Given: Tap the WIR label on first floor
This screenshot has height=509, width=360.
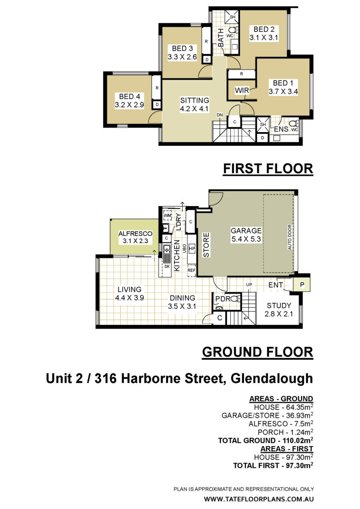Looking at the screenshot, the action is tap(242, 90).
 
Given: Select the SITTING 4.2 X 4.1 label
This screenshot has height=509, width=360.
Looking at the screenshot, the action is tap(195, 105).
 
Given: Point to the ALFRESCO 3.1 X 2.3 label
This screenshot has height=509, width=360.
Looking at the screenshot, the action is tap(135, 237).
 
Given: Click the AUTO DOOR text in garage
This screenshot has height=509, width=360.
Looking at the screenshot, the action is tap(290, 237).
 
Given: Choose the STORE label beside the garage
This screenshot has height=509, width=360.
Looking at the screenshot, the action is tap(206, 245).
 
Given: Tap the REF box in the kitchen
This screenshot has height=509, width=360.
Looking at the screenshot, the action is tap(192, 270).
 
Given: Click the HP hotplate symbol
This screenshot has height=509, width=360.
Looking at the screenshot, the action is tap(192, 249).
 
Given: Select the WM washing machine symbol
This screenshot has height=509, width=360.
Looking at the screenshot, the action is tap(167, 215).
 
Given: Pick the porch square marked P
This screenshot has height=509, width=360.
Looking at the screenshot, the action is tap(302, 284).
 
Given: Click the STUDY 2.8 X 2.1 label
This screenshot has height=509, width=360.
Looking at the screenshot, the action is tap(279, 310).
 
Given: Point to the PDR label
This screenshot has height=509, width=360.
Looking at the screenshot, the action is tap(223, 299).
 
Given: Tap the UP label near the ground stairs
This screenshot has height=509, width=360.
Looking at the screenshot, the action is tap(249, 284).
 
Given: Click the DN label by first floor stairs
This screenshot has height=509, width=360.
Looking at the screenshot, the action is tap(220, 115).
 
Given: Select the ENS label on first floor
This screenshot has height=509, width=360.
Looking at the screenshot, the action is tap(281, 129).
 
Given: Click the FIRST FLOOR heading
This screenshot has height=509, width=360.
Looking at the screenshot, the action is tap(268, 169).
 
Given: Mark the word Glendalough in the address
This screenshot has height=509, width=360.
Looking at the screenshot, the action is tap(271, 379).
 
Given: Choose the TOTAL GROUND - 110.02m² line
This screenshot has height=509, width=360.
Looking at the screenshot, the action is tap(265, 440).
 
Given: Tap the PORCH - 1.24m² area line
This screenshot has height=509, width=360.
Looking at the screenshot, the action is tap(285, 432).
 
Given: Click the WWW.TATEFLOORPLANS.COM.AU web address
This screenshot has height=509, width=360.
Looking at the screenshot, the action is tap(259, 499).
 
